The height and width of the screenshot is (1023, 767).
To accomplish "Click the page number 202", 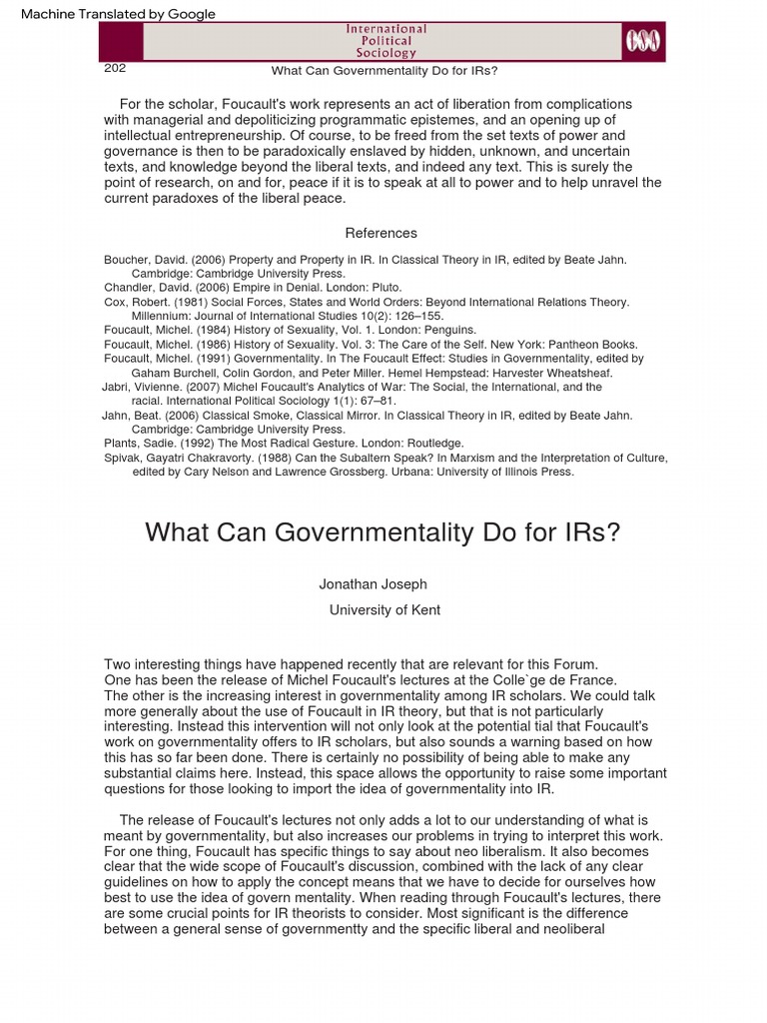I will click(x=115, y=69).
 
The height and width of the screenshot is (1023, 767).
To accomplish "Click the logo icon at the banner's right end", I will click(x=641, y=42).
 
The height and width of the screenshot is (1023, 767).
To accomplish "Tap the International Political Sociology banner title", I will click(x=385, y=41).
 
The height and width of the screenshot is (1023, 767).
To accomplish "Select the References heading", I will click(x=381, y=233).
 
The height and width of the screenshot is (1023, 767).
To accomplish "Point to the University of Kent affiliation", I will click(x=384, y=610).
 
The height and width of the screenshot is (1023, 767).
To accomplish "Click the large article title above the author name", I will click(x=383, y=531).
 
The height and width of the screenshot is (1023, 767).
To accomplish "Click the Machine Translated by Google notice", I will click(x=118, y=14).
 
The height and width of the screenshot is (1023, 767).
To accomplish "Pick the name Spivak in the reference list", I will click(x=125, y=459).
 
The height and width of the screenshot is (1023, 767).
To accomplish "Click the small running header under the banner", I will click(x=384, y=71).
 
